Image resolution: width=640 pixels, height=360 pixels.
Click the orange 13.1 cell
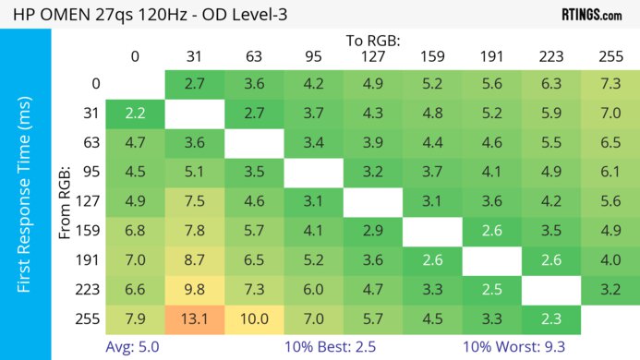[194, 320]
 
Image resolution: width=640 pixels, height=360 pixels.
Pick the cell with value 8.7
[194, 261]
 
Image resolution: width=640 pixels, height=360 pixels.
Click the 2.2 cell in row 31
[135, 114]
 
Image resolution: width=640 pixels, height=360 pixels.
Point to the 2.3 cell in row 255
[550, 320]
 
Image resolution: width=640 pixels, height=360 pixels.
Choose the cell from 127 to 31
[194, 202]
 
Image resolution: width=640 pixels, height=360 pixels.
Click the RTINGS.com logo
[591, 15]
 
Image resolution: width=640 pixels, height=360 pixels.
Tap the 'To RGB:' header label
[373, 41]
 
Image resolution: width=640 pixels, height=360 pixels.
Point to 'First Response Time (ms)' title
[25, 193]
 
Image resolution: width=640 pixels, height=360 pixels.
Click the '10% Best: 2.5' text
[332, 347]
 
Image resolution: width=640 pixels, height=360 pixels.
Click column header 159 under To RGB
[431, 56]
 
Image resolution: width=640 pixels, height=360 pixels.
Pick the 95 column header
[313, 56]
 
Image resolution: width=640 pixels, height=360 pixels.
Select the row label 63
[90, 143]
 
